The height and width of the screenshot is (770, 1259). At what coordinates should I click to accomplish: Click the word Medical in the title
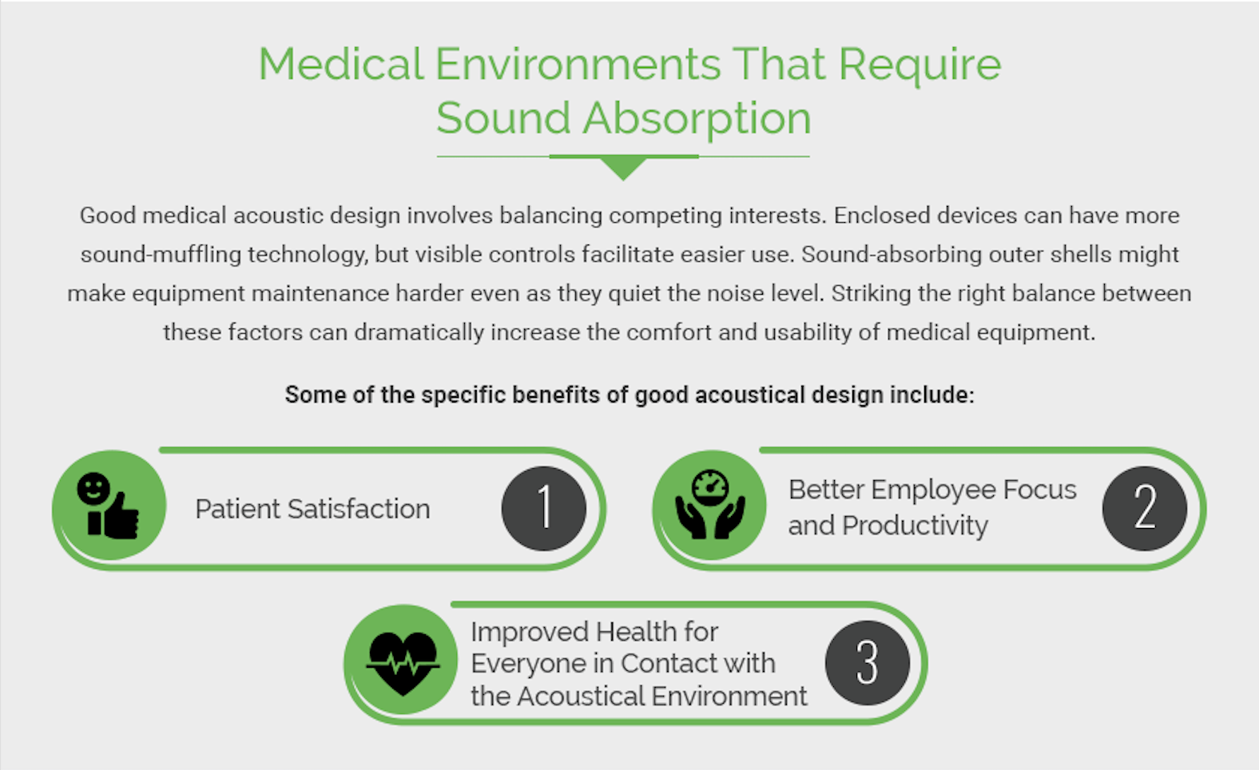click(x=341, y=64)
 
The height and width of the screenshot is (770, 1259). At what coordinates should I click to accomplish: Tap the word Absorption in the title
click(x=697, y=119)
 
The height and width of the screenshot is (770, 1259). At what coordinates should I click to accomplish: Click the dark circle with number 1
click(x=544, y=508)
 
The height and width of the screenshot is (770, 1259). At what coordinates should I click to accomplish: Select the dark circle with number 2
click(x=1144, y=508)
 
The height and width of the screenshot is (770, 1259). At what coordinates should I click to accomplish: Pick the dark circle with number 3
click(x=867, y=663)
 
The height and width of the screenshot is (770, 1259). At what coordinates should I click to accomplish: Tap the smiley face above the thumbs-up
click(x=93, y=487)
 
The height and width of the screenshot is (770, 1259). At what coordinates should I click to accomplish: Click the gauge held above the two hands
click(x=710, y=486)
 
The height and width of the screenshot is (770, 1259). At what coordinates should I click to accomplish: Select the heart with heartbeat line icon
click(x=403, y=661)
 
